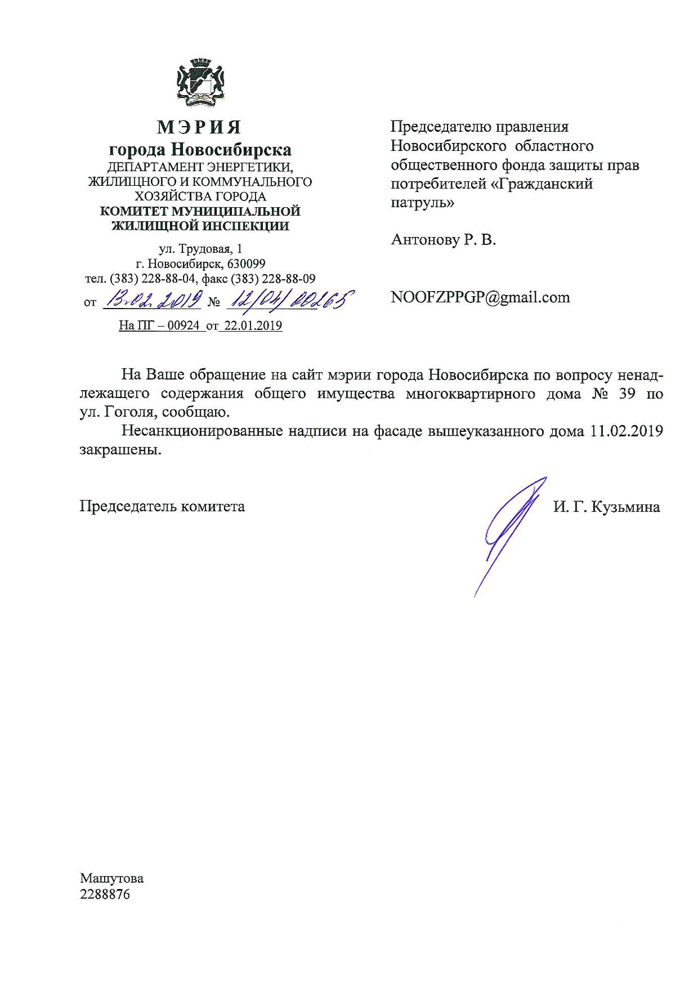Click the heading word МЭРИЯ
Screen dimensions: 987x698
click(x=199, y=127)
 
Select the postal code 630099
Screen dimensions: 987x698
click(x=246, y=264)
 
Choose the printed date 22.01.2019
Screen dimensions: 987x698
click(x=250, y=325)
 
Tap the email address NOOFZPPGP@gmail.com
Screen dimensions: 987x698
click(x=480, y=297)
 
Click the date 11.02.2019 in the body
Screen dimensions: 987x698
click(x=627, y=431)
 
